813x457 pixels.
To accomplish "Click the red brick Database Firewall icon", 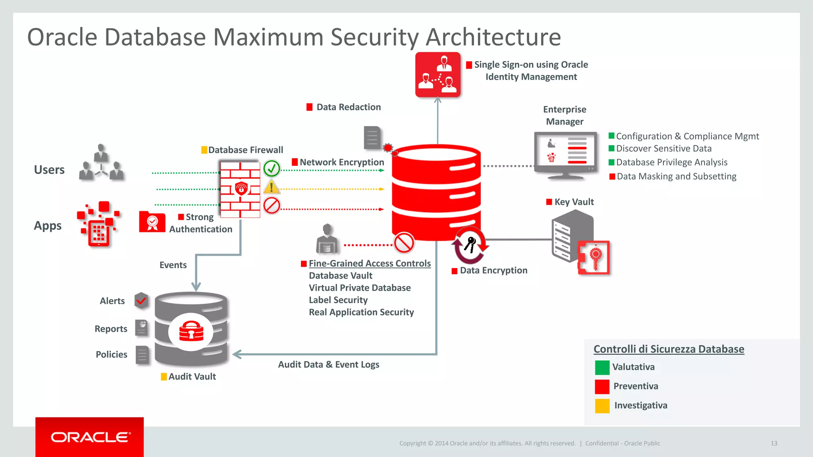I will (x=240, y=189).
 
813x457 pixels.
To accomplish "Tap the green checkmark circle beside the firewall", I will (x=272, y=169).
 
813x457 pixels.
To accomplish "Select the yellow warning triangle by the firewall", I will (x=272, y=186).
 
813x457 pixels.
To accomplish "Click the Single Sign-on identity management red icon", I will (x=438, y=75).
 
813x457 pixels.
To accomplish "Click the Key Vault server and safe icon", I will (x=580, y=242).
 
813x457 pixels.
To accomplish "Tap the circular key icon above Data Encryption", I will (x=470, y=245).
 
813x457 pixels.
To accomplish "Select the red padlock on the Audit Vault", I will (x=191, y=331).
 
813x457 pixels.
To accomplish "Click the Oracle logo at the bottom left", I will (x=90, y=437).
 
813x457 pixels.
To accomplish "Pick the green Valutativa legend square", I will (x=602, y=367).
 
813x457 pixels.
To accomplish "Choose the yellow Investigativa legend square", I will (x=602, y=406).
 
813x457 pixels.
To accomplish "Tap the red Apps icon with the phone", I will (x=98, y=224).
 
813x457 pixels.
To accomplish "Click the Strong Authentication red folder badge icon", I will (x=152, y=222).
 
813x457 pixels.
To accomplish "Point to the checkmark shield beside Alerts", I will (x=141, y=301).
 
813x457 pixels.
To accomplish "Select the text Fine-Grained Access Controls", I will (x=370, y=263).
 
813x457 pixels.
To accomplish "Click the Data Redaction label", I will (x=348, y=107).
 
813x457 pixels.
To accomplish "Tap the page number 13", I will (x=774, y=443).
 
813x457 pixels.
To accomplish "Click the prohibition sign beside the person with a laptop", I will (x=404, y=243).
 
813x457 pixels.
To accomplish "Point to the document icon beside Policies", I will (x=142, y=355).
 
